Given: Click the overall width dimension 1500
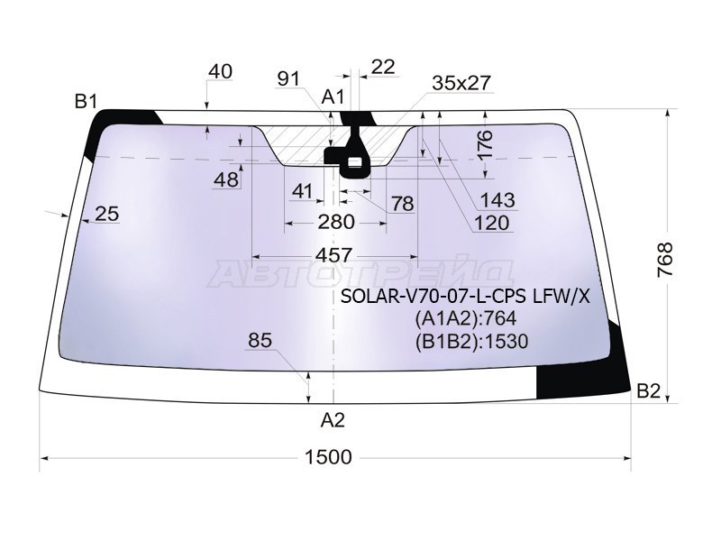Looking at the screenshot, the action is tap(328, 457).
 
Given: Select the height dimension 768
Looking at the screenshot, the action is tap(665, 260).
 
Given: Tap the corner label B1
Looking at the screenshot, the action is tap(87, 102).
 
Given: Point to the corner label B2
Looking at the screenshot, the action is tap(649, 391).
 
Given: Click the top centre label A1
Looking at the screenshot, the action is tap(333, 97).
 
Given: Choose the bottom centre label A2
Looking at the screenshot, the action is tap(333, 420).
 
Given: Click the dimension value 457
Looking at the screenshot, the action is tap(334, 255).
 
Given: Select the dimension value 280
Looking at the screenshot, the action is tap(336, 222).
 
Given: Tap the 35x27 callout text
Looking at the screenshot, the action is tap(461, 83).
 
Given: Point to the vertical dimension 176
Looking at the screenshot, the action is tap(485, 144).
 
